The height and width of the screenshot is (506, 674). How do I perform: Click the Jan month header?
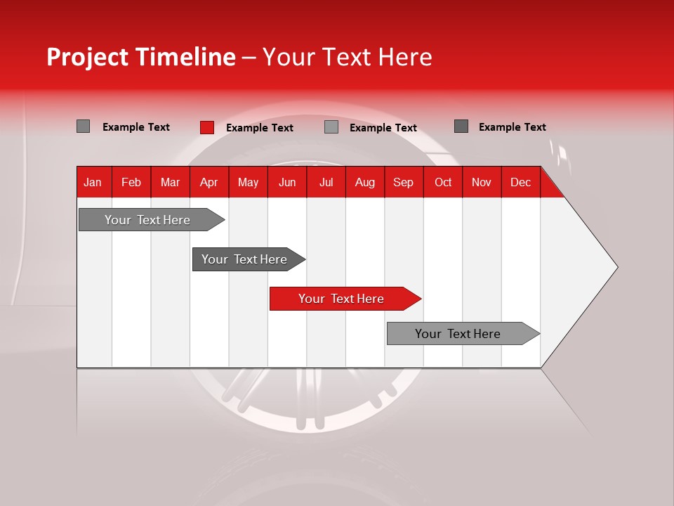pyautogui.click(x=93, y=182)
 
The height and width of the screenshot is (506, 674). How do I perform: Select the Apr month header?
pyautogui.click(x=209, y=182)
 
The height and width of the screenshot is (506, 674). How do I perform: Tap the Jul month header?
pyautogui.click(x=326, y=182)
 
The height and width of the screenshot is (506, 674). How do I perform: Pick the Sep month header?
pyautogui.click(x=403, y=182)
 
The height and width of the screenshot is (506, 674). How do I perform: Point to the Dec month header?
pyautogui.click(x=520, y=182)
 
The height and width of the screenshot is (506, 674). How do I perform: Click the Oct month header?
pyautogui.click(x=443, y=182)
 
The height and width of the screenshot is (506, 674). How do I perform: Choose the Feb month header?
pyautogui.click(x=131, y=182)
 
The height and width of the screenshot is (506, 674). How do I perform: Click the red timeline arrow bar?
pyautogui.click(x=344, y=299)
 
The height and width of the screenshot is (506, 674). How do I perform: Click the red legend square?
pyautogui.click(x=206, y=127)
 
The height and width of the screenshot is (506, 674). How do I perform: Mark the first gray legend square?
pyautogui.click(x=83, y=126)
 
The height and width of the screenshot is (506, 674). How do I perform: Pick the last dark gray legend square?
pyautogui.click(x=461, y=126)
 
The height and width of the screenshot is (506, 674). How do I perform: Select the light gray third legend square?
pyautogui.click(x=331, y=127)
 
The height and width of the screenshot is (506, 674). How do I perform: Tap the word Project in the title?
pyautogui.click(x=87, y=57)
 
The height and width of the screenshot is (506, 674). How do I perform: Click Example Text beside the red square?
pyautogui.click(x=259, y=128)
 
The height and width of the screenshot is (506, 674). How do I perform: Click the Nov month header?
pyautogui.click(x=481, y=182)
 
